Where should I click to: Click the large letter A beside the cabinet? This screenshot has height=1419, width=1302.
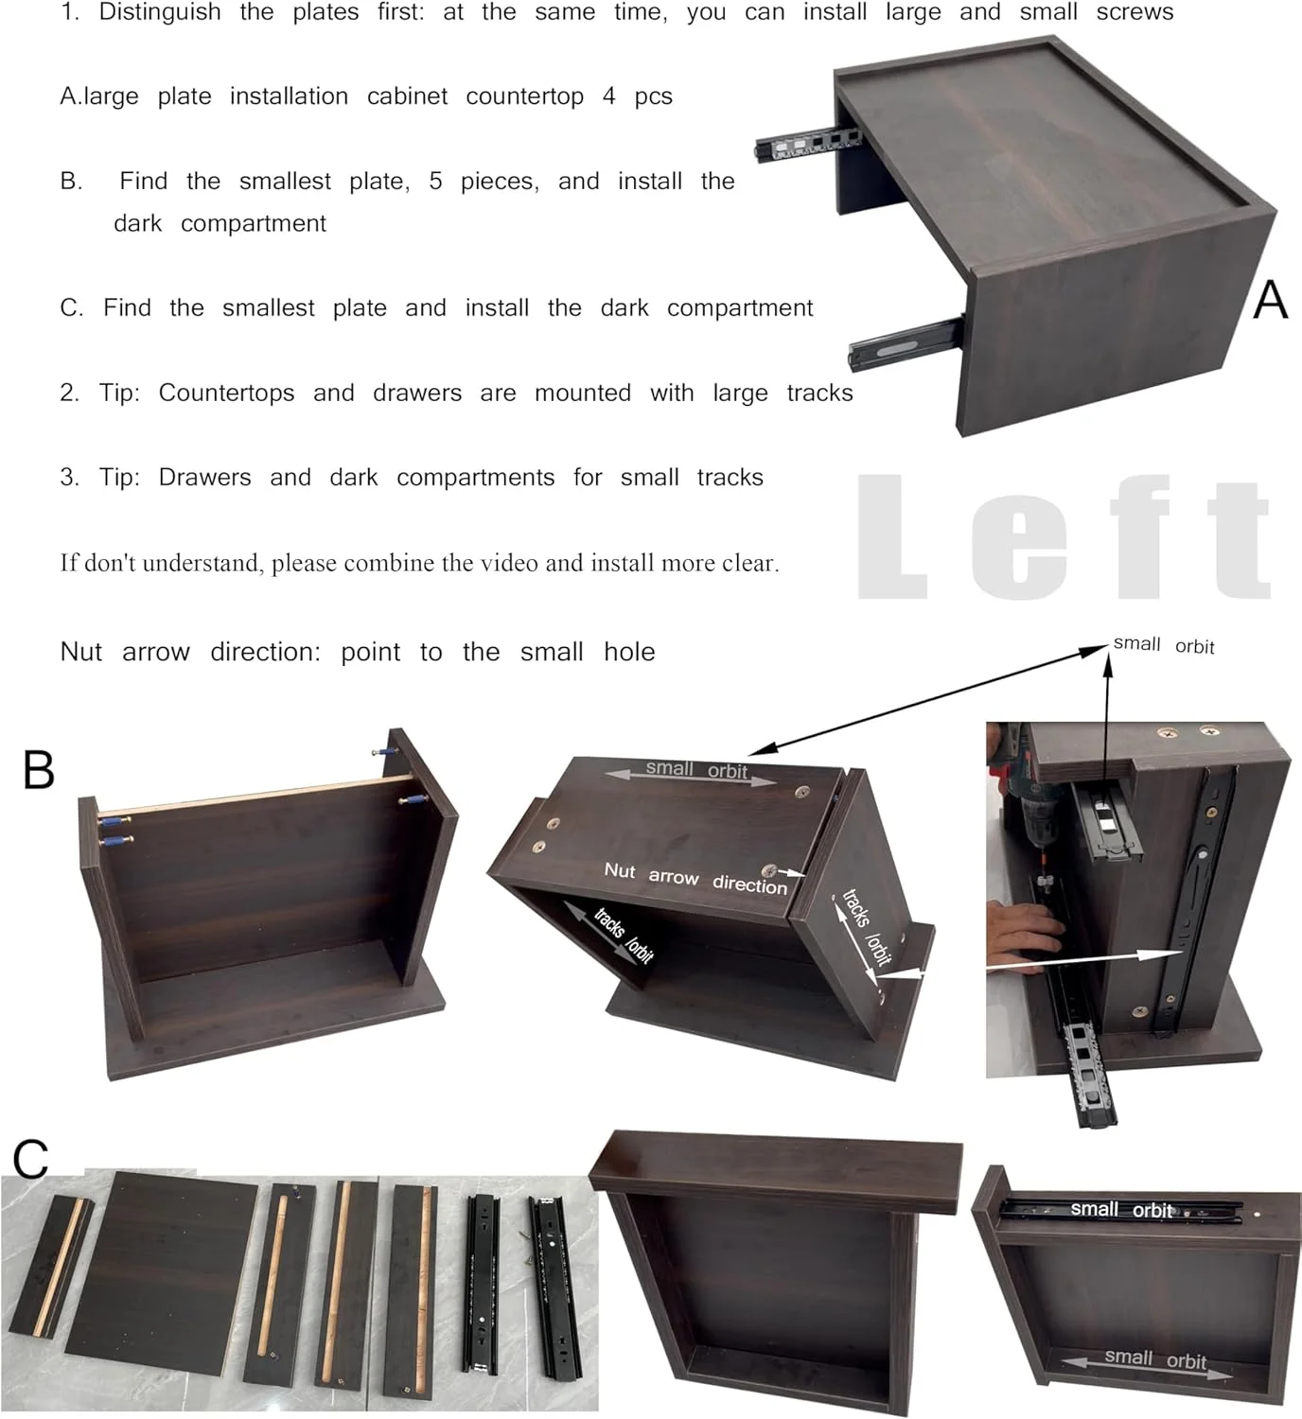click(1270, 299)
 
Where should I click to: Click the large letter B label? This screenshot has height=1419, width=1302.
click(38, 770)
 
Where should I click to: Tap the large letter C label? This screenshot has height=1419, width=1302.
click(31, 1159)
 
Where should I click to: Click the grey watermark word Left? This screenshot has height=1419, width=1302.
click(1064, 537)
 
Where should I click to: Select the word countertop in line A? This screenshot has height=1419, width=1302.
click(524, 96)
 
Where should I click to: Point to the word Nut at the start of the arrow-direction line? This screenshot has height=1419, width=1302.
click(80, 652)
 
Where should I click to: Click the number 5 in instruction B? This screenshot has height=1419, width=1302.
click(435, 181)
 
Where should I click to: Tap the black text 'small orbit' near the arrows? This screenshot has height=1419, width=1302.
click(1163, 644)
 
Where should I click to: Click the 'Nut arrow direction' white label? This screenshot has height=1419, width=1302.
click(695, 878)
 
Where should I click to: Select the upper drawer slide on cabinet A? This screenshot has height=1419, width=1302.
click(807, 145)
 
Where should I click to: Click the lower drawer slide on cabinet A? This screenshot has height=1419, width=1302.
click(906, 343)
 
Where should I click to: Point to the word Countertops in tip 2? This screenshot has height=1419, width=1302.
click(226, 393)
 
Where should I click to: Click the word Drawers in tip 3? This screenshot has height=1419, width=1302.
click(204, 478)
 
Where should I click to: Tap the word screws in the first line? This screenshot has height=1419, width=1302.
click(1135, 12)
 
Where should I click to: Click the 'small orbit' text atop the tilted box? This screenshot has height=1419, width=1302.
click(696, 770)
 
